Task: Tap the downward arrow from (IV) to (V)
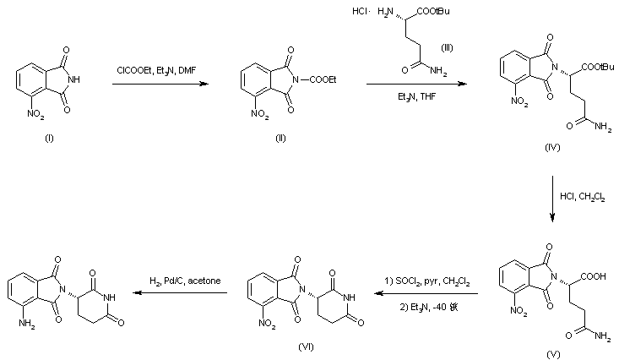click(x=551, y=200)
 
